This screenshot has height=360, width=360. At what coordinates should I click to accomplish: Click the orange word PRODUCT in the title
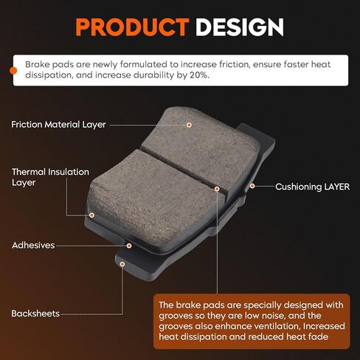[x=132, y=27]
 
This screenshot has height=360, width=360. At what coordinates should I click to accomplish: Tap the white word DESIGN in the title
[x=240, y=27]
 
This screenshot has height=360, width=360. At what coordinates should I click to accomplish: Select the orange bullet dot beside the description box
[x=13, y=71]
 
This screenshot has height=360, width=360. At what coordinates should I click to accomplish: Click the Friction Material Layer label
[x=58, y=125]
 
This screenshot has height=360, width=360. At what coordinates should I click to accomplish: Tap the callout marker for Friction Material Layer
[x=189, y=125]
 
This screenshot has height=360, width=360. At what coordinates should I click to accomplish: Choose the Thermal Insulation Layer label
[x=50, y=177]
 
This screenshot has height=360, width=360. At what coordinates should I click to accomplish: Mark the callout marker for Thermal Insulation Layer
[x=91, y=215]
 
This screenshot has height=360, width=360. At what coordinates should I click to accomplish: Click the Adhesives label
[x=33, y=245]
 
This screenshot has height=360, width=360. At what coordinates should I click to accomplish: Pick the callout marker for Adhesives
[x=129, y=246]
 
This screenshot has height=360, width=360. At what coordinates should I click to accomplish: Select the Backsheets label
[x=35, y=314]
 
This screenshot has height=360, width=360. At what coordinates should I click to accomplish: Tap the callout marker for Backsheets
[x=122, y=264]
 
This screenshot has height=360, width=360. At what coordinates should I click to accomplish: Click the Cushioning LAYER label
[x=312, y=187]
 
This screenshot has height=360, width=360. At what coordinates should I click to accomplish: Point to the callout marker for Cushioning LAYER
[x=252, y=186]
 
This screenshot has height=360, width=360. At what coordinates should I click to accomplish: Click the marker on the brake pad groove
[x=217, y=189]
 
